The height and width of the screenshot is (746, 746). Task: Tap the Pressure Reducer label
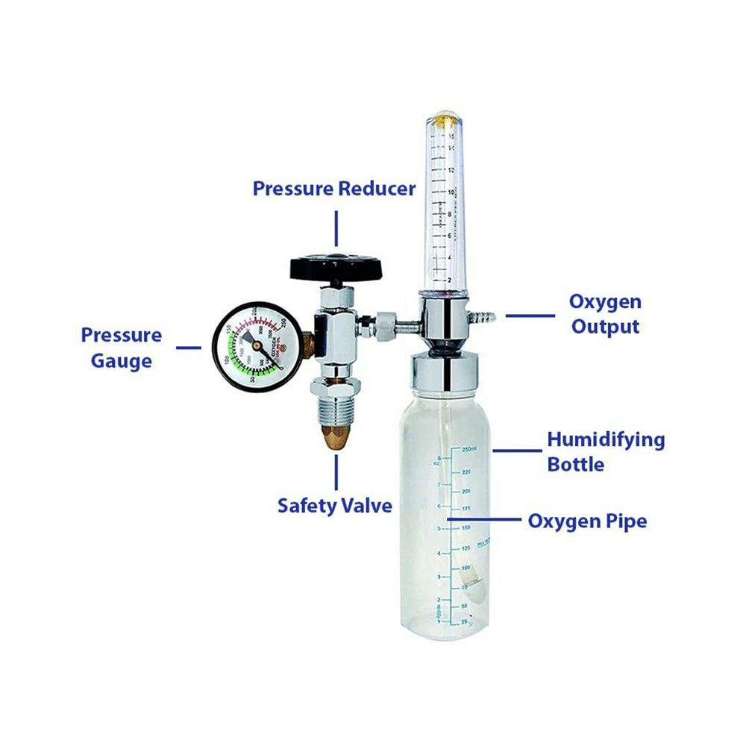[x=334, y=189]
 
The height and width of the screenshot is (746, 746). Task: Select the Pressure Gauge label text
[x=122, y=348]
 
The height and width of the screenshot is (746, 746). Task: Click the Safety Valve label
[x=335, y=506]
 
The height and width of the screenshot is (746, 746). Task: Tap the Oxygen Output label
[x=605, y=314]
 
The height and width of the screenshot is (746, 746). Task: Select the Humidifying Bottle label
[x=606, y=451]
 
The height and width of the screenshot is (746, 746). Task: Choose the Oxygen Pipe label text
[x=587, y=521]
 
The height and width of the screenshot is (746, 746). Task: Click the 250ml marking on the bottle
[x=468, y=449]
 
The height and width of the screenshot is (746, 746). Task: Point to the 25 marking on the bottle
[x=464, y=621]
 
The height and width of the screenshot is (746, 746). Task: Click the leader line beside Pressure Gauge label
[x=188, y=347]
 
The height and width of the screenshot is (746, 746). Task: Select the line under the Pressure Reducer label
[x=336, y=228]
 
